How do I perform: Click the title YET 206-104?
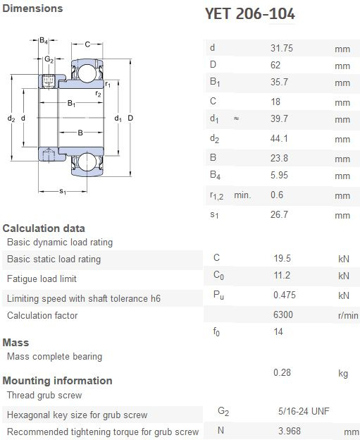pyautogui.click(x=250, y=13)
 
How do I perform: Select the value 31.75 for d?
pyautogui.click(x=282, y=48)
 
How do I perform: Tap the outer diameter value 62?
pyautogui.click(x=275, y=65)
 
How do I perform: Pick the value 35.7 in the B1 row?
pyautogui.click(x=279, y=82)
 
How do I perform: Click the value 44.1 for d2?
pyautogui.click(x=279, y=138)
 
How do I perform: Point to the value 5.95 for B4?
pyautogui.click(x=279, y=175)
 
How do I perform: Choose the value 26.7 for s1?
pyautogui.click(x=279, y=214)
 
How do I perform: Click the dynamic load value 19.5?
pyautogui.click(x=282, y=258)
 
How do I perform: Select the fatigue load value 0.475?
pyautogui.click(x=285, y=295)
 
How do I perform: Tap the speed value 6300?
pyautogui.click(x=283, y=314)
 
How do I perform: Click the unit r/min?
pyautogui.click(x=348, y=315)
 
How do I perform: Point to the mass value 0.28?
pyautogui.click(x=282, y=372)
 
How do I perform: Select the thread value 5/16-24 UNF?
pyautogui.click(x=304, y=411)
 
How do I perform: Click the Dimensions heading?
pyautogui.click(x=32, y=8)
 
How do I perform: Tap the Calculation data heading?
pyautogui.click(x=44, y=228)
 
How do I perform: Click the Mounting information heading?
pyautogui.click(x=58, y=381)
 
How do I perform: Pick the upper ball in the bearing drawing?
pyautogui.click(x=87, y=73)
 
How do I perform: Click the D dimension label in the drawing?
pyautogui.click(x=130, y=118)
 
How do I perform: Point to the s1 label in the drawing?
pyautogui.click(x=63, y=192)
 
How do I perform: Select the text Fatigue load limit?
pyautogui.click(x=42, y=279)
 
